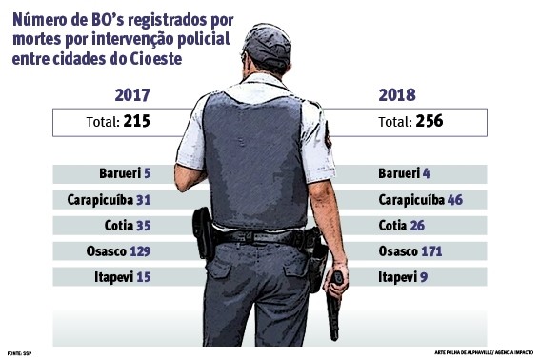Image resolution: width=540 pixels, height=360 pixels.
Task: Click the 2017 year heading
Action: pyautogui.click(x=132, y=95)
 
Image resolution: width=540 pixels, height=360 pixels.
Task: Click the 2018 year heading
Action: pyautogui.click(x=397, y=95)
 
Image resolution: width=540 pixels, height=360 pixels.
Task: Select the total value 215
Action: pyautogui.click(x=136, y=122)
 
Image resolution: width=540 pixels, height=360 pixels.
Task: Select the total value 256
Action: pyautogui.click(x=428, y=122)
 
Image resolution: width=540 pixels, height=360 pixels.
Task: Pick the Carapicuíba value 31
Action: pyautogui.click(x=144, y=200)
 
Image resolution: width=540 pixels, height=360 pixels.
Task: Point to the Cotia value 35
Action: pyautogui.click(x=143, y=226)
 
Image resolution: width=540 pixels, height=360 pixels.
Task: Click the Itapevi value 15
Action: pyautogui.click(x=144, y=277)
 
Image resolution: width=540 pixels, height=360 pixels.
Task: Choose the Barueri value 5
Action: pyautogui.click(x=148, y=174)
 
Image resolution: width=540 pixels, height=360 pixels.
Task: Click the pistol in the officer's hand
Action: pyautogui.click(x=335, y=305)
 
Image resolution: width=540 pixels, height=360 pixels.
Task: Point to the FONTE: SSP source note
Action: pyautogui.click(x=18, y=351)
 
